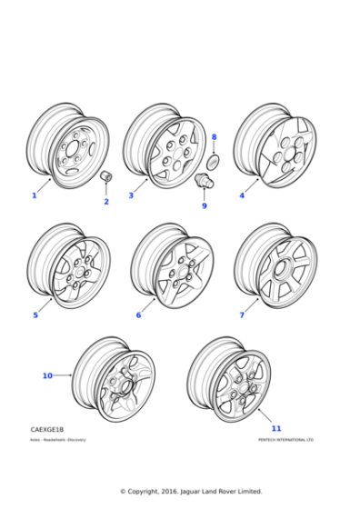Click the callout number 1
point(35,195)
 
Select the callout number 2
point(105,202)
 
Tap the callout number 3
point(131,195)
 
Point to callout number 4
point(242,195)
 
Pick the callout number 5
point(35,315)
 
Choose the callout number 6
point(138,315)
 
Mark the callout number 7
point(242,315)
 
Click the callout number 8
point(214,137)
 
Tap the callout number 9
point(205,205)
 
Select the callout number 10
point(47,375)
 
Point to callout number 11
point(276,428)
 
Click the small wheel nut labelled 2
point(105,175)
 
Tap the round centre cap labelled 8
point(215,161)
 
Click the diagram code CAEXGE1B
point(47,429)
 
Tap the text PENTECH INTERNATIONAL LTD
point(285,440)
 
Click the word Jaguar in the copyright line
point(195,492)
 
